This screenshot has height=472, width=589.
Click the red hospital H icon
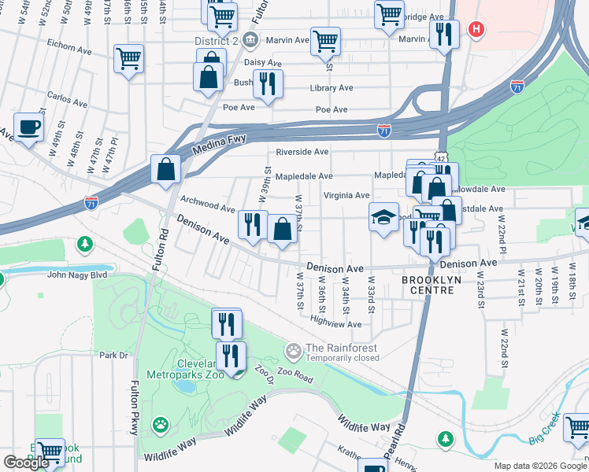[x=475, y=30]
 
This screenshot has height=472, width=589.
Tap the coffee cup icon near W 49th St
[x=29, y=127]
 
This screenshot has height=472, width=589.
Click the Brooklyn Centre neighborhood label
[x=428, y=285]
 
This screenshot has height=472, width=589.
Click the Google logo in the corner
[x=26, y=463]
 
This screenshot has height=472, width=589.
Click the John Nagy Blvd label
[x=78, y=275]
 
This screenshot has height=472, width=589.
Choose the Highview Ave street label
[x=335, y=322]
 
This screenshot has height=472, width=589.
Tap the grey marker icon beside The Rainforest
[x=294, y=349]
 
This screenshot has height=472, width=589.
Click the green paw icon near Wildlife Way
[x=161, y=426]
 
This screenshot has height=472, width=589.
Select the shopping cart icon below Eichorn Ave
[x=129, y=57]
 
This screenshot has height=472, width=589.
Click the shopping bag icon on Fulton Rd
[x=166, y=168]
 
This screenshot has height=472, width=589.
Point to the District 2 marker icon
[x=250, y=39]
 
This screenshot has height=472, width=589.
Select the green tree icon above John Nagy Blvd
[x=84, y=245]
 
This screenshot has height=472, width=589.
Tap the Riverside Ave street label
[x=302, y=152]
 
